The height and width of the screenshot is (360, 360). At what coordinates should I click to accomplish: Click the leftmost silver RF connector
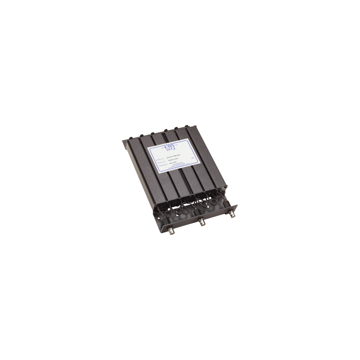pyautogui.click(x=169, y=229)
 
